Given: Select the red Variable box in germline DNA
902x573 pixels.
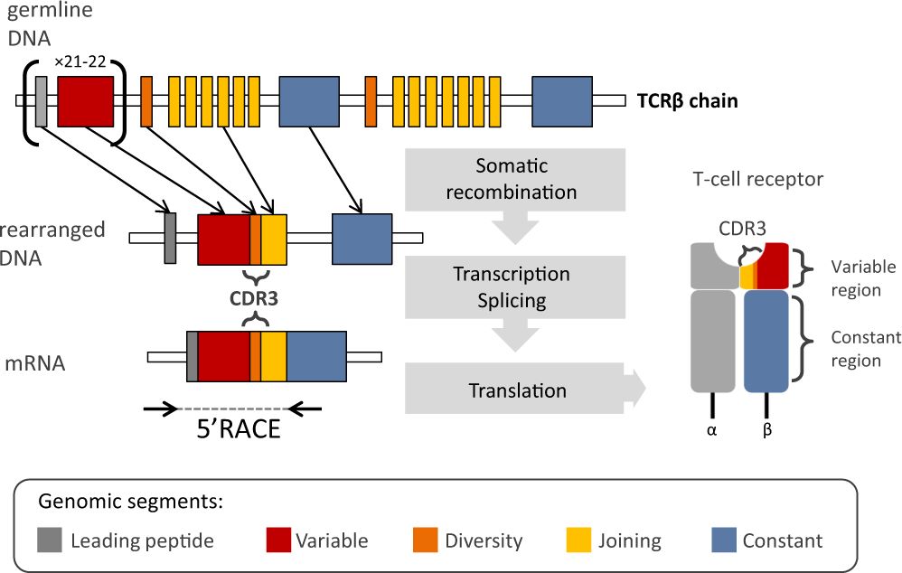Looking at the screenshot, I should click(85, 100).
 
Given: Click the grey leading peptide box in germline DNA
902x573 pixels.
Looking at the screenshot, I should click(41, 100).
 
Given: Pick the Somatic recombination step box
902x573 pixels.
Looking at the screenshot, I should click(512, 180).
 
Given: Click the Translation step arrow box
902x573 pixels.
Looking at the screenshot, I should click(517, 390).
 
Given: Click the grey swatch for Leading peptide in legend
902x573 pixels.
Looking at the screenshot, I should click(50, 540).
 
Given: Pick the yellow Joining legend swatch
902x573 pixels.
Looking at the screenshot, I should click(578, 540).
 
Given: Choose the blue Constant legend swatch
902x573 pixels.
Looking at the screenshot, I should click(723, 540).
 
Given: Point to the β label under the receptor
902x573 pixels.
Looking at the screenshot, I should click(767, 431).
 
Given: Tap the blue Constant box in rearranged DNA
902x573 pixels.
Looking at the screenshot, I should click(362, 239).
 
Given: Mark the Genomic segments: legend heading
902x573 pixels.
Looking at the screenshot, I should click(131, 500).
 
